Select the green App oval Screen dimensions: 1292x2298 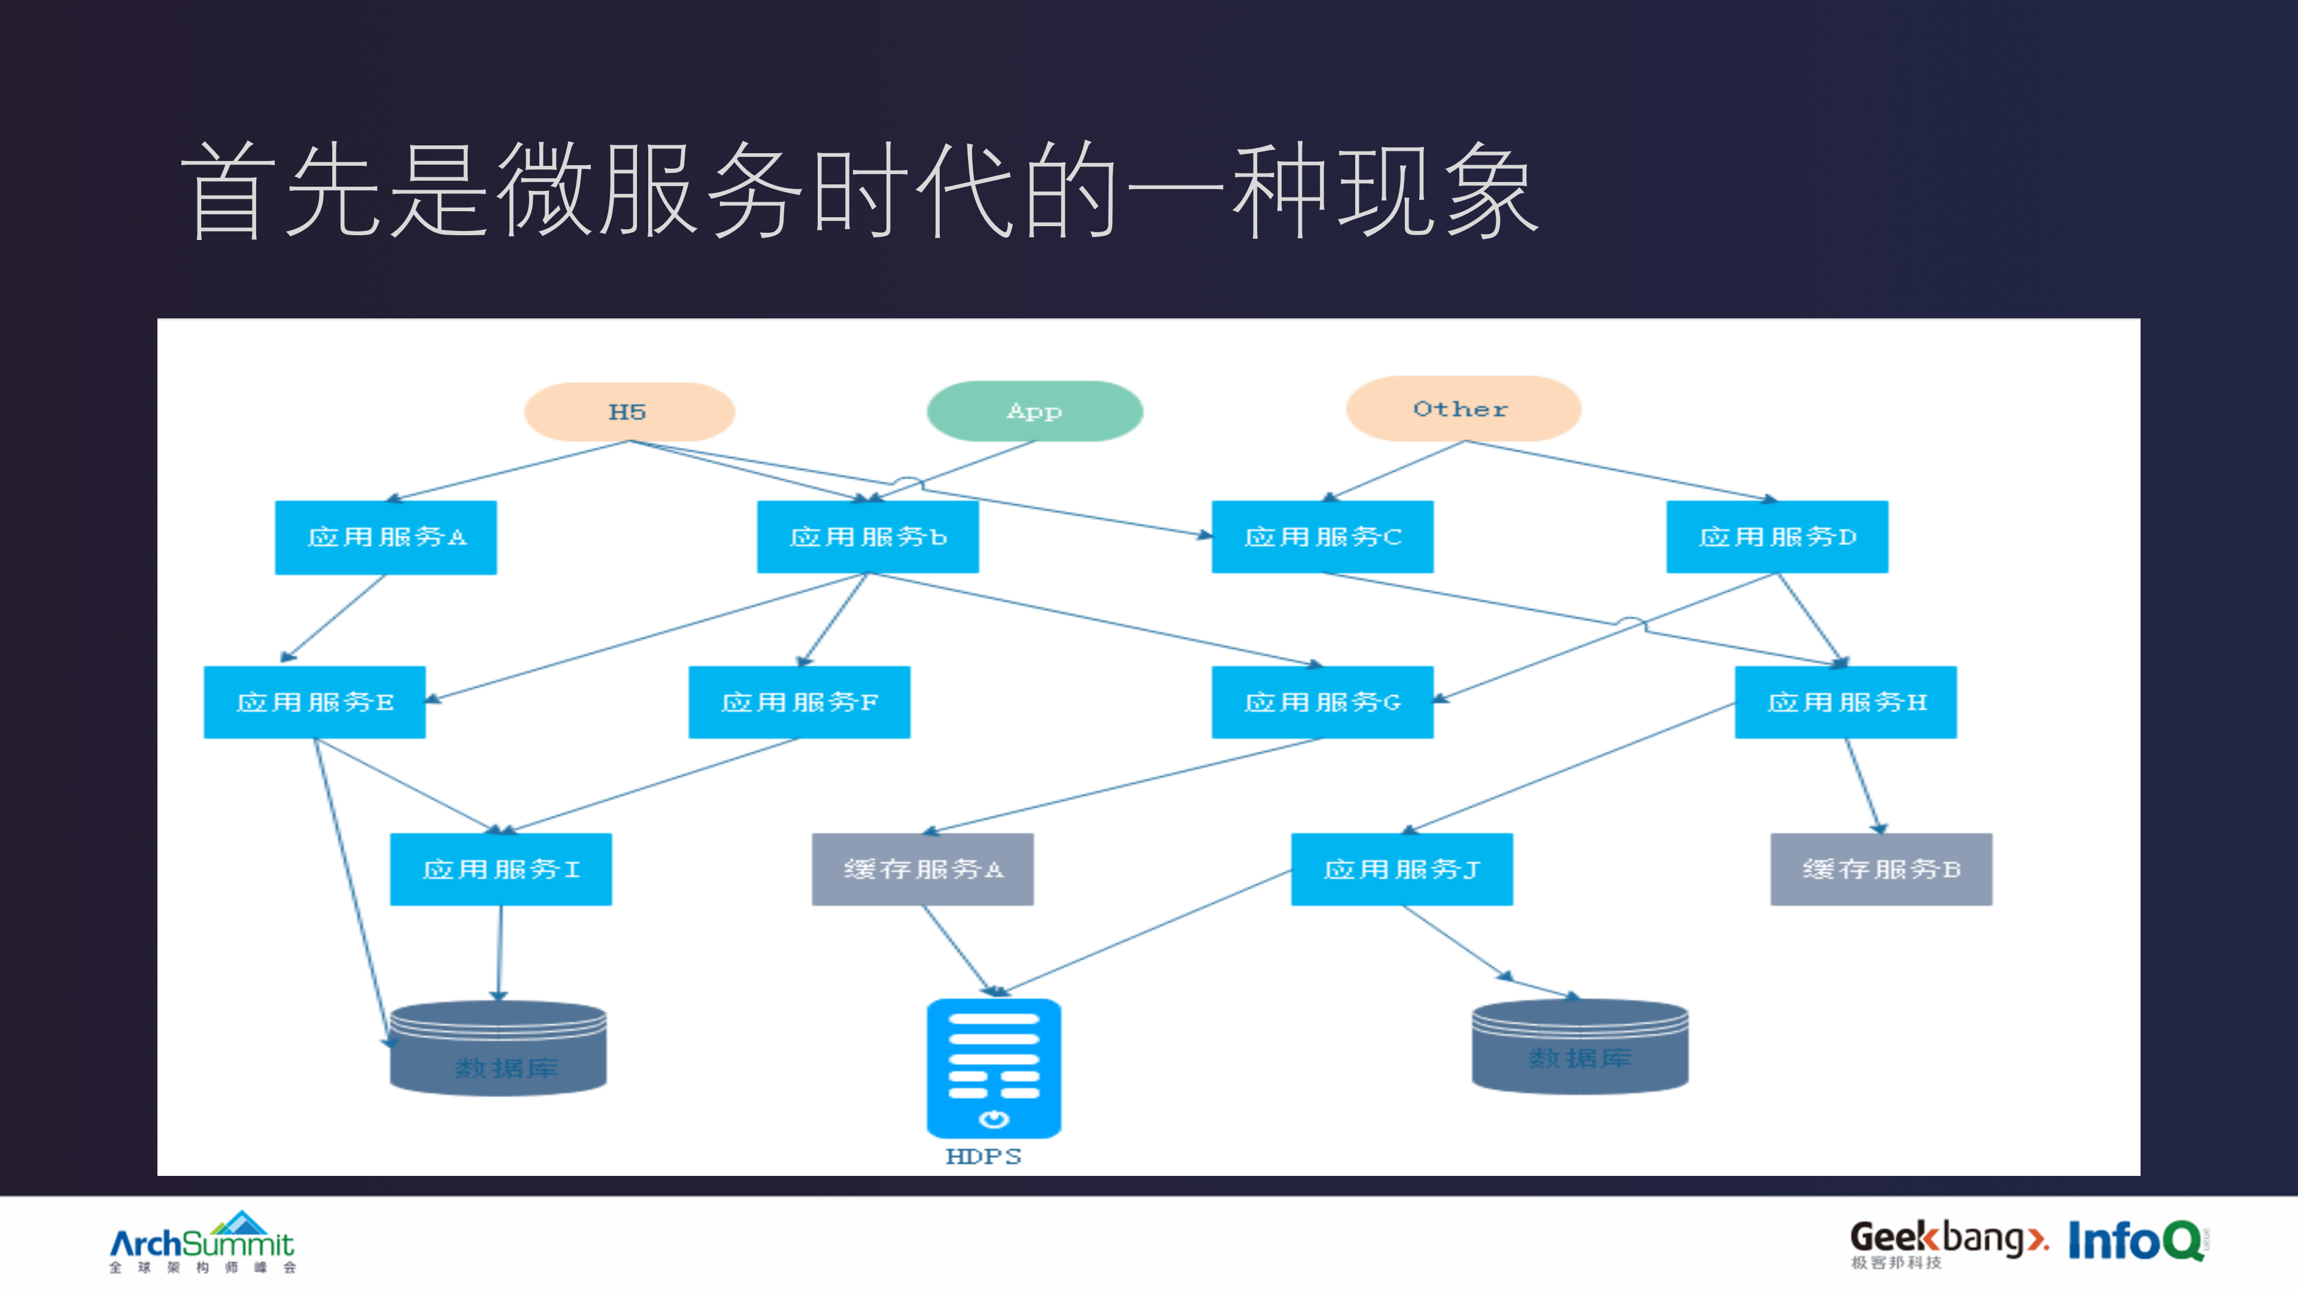tap(1035, 411)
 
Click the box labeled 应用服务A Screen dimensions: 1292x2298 tap(385, 537)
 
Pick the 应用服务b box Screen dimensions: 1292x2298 tap(867, 537)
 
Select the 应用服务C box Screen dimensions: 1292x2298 tap(1322, 537)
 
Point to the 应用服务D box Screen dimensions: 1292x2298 tap(1777, 537)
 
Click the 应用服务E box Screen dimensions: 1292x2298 tap(314, 702)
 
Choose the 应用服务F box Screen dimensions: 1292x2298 tap(799, 702)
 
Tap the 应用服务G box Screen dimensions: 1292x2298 tap(1322, 702)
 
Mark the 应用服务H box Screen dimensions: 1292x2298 tap(1845, 702)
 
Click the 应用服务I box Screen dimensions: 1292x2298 tap(500, 870)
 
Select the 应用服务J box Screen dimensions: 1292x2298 tap(1401, 870)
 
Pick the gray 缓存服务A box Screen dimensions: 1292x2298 tap(922, 870)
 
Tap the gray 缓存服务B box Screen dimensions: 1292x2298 tap(1881, 870)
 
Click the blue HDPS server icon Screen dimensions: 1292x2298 tap(994, 1068)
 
